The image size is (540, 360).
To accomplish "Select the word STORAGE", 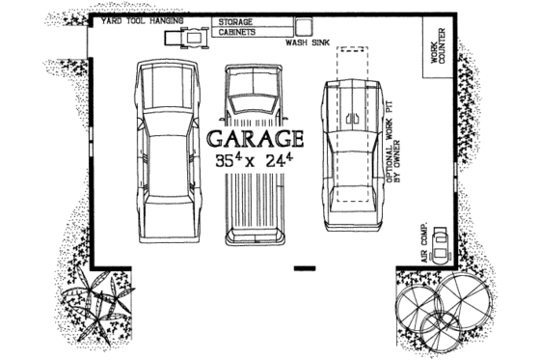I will (x=236, y=20).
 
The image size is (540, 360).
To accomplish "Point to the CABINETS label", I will (x=236, y=32).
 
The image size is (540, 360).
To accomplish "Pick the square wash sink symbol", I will (x=306, y=28).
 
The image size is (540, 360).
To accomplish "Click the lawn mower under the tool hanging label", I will (x=186, y=38).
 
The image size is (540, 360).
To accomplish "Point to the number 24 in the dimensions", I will (x=281, y=161).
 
